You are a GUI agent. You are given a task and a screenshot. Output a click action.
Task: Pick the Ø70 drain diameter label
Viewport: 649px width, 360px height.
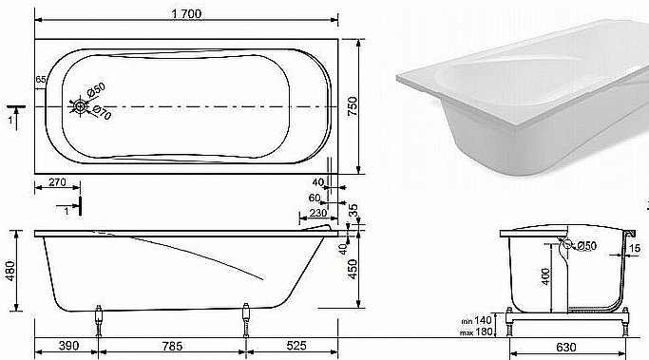(100, 112)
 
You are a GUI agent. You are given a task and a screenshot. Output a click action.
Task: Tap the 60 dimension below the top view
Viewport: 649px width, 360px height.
(315, 196)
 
